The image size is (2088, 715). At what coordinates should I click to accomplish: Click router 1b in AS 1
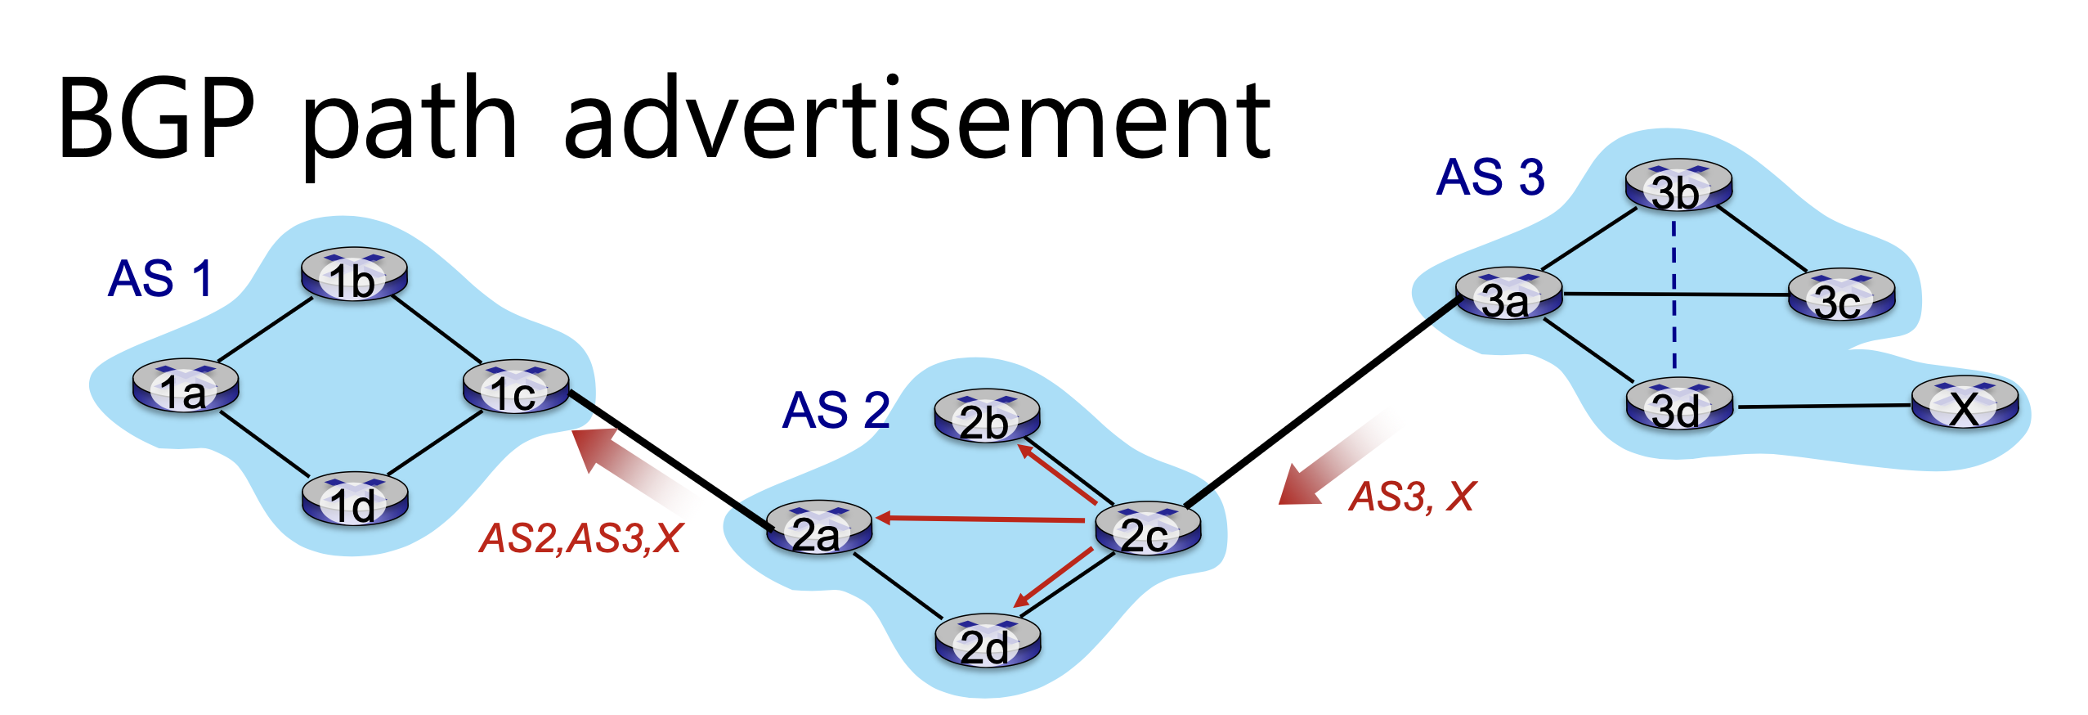click(353, 275)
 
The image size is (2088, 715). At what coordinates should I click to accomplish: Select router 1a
click(186, 386)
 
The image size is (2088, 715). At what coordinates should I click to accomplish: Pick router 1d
click(355, 499)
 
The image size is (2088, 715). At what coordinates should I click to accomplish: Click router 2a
click(818, 528)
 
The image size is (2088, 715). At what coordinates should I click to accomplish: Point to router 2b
click(987, 416)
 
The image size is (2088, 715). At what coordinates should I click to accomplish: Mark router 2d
click(988, 641)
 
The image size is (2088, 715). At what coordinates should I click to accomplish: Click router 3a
click(1508, 295)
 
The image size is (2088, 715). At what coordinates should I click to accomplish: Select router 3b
click(1678, 186)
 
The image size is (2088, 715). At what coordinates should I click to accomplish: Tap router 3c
click(1841, 295)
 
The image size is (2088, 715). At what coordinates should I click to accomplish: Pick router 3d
click(1678, 404)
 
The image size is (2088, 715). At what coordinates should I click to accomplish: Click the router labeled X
click(1965, 402)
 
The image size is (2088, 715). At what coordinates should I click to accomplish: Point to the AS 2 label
click(836, 410)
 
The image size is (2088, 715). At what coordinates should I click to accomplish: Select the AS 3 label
click(1490, 177)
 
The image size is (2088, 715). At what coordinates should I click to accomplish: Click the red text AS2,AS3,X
click(580, 538)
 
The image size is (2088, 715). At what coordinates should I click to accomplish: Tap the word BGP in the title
click(156, 119)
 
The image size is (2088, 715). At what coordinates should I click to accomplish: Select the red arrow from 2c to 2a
click(981, 519)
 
